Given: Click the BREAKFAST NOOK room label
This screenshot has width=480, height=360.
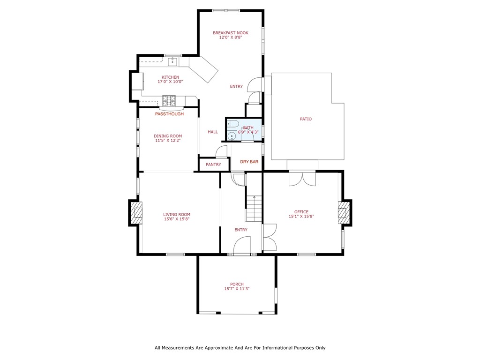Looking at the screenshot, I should coord(230,33).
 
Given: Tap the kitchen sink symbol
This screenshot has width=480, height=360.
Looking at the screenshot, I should coord(172,61).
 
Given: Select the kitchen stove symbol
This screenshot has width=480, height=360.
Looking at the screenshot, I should coord(169,100).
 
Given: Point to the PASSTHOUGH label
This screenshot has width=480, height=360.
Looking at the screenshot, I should coord(169,114).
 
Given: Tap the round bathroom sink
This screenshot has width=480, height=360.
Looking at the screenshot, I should coord(232,136).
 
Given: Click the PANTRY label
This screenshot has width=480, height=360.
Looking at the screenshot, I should coord(213,165).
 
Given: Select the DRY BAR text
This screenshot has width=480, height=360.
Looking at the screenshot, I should coord(249,162).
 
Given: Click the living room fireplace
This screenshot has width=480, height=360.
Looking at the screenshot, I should coord(136,212).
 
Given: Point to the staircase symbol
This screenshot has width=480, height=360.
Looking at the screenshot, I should coord(254,209).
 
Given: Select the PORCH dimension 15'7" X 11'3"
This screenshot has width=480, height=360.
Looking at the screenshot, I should coord(237,289).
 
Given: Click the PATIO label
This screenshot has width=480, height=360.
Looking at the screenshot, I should coord(306,119).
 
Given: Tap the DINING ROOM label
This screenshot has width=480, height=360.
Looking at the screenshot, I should coord(168,136).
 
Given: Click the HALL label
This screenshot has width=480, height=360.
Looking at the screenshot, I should coord(213,132).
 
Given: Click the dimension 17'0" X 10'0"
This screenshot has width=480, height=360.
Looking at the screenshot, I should coord(170,82).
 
